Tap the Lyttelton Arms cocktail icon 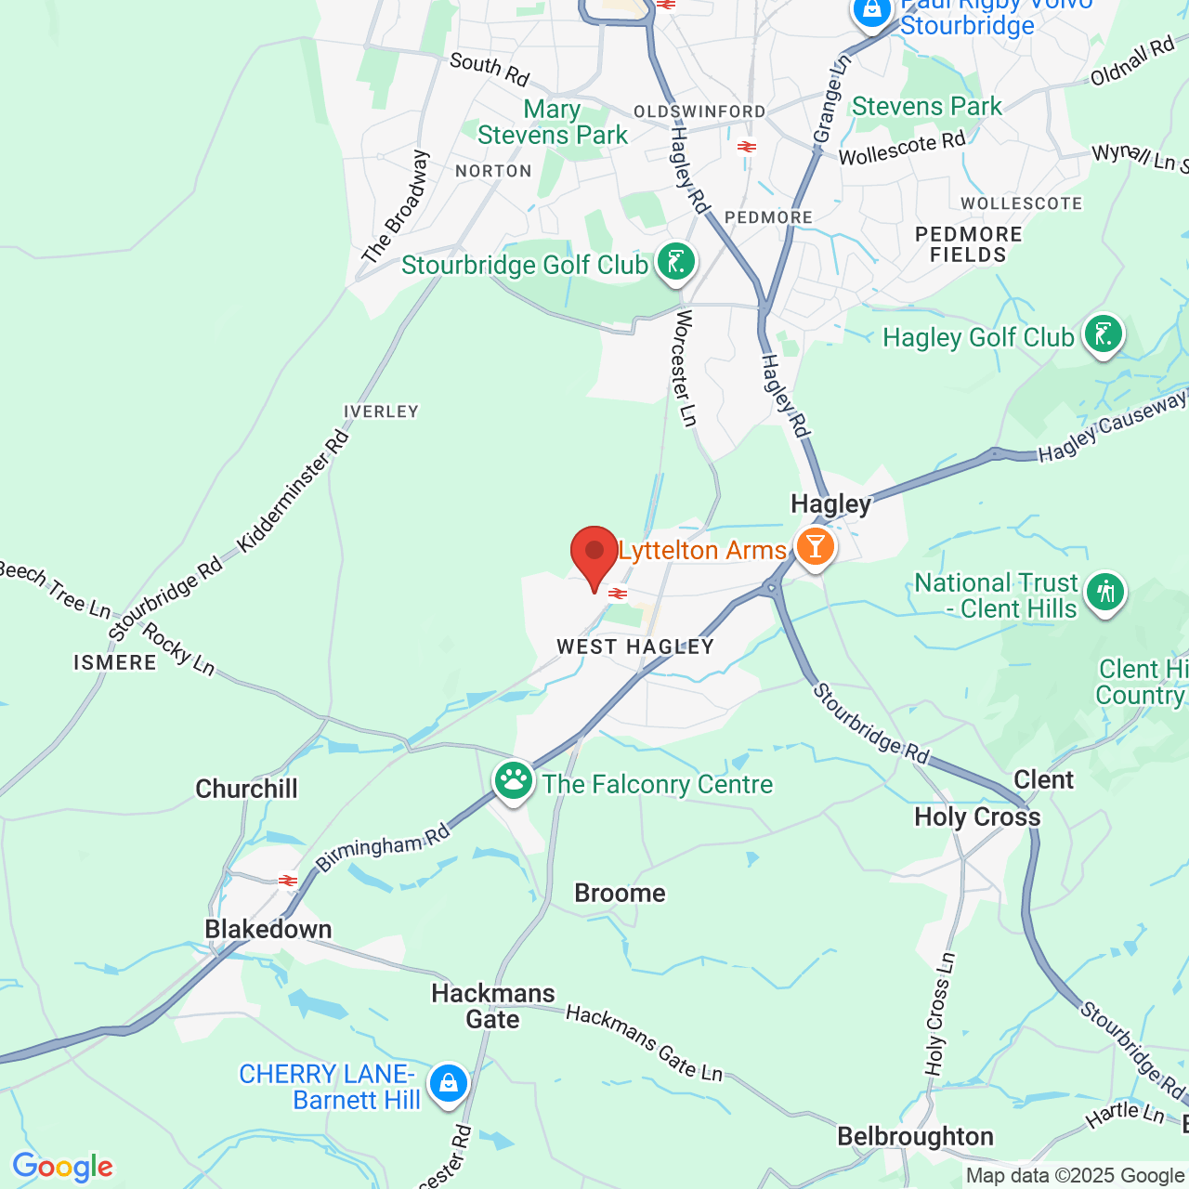815,547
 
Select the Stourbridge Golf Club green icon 676,263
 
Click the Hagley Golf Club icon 1104,334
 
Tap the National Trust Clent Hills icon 1104,592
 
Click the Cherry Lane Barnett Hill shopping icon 449,1083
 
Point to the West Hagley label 635,647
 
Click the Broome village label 620,893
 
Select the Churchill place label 246,789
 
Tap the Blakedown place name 268,929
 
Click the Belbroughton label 915,1136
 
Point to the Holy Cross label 977,817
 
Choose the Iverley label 381,412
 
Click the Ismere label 115,662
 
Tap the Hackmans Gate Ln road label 644,1043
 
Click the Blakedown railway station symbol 288,880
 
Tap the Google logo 62,1167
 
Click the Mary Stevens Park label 553,122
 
